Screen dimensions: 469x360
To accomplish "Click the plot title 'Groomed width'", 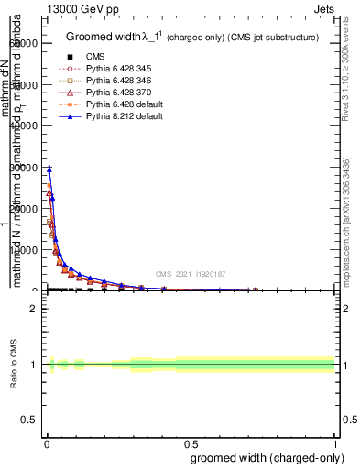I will (104, 37).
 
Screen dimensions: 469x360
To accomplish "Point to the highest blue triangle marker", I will (49, 169).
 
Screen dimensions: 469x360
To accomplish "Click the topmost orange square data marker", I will (49, 186).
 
